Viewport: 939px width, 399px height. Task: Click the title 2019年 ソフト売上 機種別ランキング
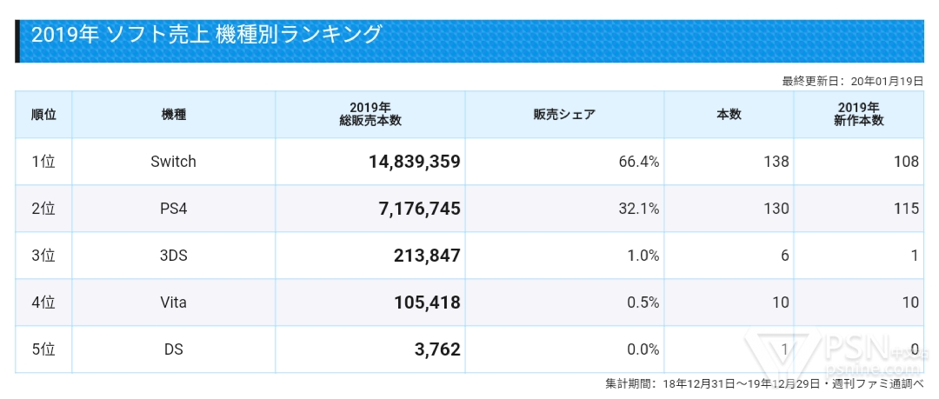[x=206, y=35]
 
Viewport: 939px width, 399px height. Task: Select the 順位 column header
[x=43, y=114]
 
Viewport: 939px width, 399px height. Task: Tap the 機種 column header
[x=173, y=114]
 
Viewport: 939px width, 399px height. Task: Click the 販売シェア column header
[x=564, y=114]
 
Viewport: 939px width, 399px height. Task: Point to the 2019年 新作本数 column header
[x=858, y=114]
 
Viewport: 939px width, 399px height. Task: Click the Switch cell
[x=173, y=161]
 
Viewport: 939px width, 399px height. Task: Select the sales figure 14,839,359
[x=408, y=162]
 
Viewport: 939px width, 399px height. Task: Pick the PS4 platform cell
[x=173, y=208]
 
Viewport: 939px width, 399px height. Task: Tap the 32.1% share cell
[x=638, y=208]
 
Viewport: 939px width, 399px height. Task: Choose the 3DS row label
[x=173, y=255]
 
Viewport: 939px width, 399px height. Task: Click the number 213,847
[x=420, y=256]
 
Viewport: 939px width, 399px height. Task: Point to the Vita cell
[x=173, y=303]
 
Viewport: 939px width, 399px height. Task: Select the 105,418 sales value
[x=420, y=303]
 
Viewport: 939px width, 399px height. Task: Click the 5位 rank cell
[x=43, y=349]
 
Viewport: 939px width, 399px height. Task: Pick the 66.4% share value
[x=638, y=161]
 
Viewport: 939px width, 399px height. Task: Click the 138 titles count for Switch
[x=776, y=161]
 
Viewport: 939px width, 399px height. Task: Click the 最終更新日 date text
[x=852, y=81]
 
